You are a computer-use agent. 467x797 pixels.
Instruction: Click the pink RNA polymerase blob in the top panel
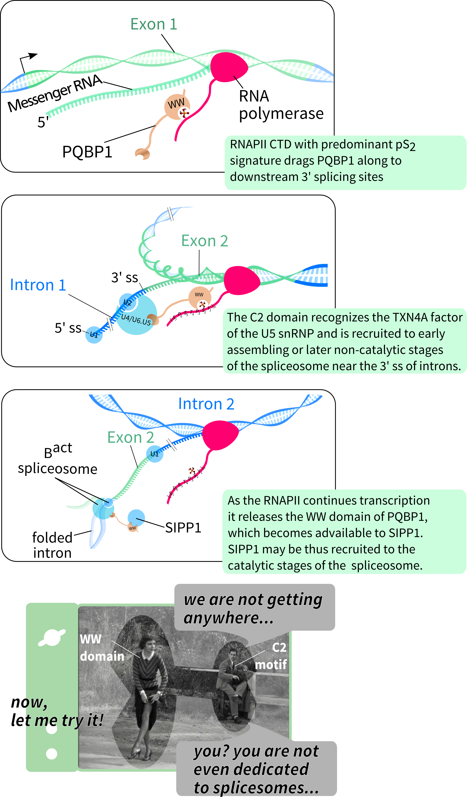click(229, 67)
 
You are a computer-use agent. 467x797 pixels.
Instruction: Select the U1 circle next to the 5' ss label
click(94, 335)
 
